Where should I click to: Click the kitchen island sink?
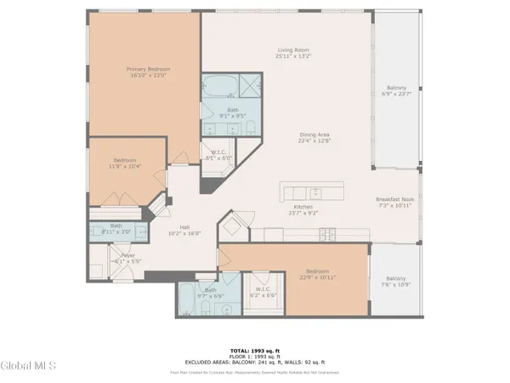(314, 191)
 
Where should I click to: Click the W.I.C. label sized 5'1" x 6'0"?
(219, 156)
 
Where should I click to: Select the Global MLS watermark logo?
(28, 366)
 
